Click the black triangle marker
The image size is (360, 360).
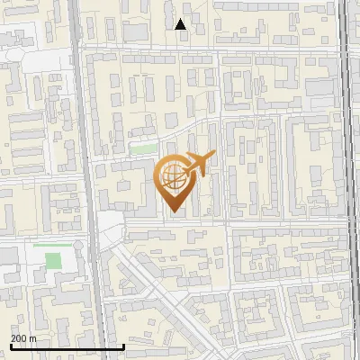181,24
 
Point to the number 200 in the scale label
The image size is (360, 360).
18,338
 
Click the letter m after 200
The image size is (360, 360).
33,338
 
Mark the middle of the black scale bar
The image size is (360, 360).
67,346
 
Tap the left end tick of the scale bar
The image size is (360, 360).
11,345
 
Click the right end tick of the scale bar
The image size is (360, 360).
123,345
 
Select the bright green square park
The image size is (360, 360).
54,262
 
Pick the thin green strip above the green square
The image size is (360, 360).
47,243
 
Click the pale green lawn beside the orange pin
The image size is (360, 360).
144,148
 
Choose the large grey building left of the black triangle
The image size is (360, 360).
135,32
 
